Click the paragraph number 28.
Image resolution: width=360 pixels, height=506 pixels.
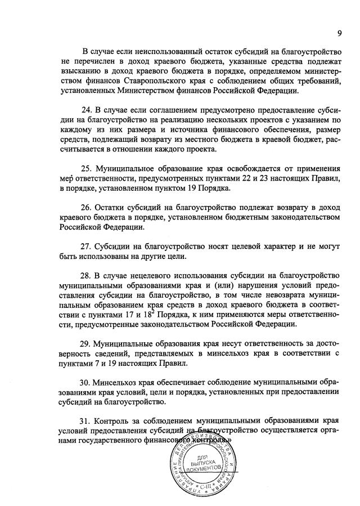[x=87, y=275]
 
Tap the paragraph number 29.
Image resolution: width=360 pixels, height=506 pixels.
[x=87, y=343]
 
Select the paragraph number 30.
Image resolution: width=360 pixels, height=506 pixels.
[x=87, y=382]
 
